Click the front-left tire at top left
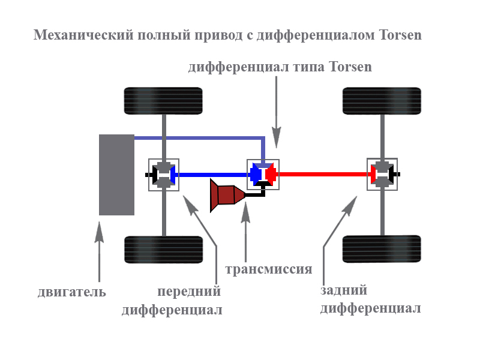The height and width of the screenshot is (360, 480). tap(163, 101)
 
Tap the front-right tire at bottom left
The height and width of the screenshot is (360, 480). tap(163, 250)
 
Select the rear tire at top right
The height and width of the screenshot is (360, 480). tap(382, 101)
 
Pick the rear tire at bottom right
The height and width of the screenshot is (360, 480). tap(382, 250)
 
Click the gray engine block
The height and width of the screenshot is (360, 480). tap(116, 175)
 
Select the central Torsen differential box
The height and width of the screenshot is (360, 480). tap(263, 175)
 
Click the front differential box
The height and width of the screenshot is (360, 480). tap(164, 175)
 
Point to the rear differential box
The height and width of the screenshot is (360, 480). tap(382, 175)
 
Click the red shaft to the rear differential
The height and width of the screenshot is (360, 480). tap(324, 175)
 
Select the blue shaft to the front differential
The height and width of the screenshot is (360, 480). tap(213, 175)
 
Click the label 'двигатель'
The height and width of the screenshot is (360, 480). tap(71, 292)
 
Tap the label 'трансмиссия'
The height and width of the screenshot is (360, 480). tap(268, 269)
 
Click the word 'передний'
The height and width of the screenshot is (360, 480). tap(189, 292)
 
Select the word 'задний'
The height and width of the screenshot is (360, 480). tap(343, 290)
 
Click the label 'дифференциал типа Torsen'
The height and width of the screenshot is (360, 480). tap(280, 67)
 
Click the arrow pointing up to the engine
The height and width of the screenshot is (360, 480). tap(99, 252)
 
